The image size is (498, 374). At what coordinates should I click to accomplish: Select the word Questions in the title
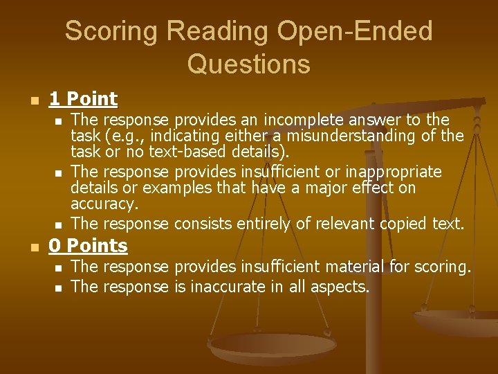pos(248,64)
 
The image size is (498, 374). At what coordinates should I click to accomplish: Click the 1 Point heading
pos(83,99)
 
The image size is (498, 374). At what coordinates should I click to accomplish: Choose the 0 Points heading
pos(88,246)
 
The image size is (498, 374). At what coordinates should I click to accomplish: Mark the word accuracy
pos(104,205)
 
